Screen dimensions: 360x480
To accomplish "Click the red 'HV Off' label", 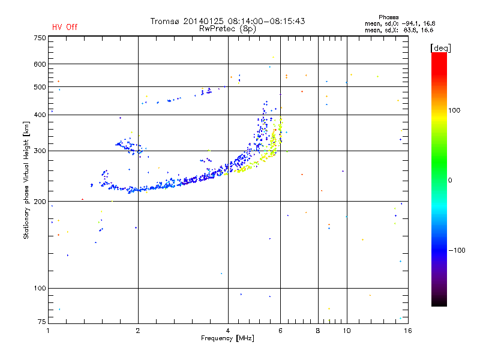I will coord(65,27).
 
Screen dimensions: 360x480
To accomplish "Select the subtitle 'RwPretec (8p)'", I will coord(228,28).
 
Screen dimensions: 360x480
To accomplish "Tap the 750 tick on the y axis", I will coord(40,38).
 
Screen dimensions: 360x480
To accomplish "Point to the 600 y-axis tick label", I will coord(40,64).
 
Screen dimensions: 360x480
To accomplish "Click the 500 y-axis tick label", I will coord(40,87).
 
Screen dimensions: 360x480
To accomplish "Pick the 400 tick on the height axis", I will coord(40,115).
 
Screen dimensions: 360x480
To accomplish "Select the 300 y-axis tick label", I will coord(40,151).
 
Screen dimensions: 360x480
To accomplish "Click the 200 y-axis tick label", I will coord(40,202).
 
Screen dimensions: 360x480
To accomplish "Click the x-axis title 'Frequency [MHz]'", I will coord(228,338).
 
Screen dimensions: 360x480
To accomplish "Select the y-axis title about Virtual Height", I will coord(26,180).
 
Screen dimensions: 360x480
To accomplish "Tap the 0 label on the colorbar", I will coord(450,180).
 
